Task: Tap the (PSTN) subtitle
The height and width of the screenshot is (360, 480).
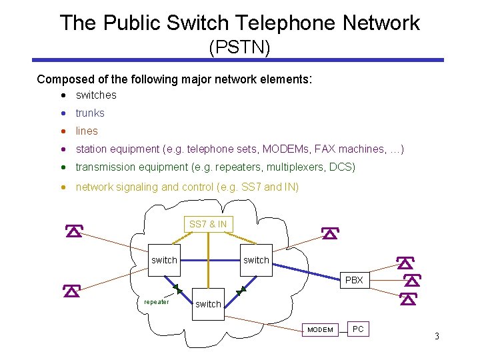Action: (x=239, y=47)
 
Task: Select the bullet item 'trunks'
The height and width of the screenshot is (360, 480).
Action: (x=90, y=113)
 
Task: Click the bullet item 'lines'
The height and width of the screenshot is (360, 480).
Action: (x=87, y=131)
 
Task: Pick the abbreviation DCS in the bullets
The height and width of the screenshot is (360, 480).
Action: (x=342, y=167)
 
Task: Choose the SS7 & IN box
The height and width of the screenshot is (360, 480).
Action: (x=207, y=225)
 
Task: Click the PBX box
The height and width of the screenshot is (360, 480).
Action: (x=354, y=280)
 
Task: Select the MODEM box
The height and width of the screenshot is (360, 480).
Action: (x=320, y=329)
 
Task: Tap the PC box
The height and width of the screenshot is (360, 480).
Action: (x=358, y=329)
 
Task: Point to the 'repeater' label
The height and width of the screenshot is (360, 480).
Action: (x=157, y=301)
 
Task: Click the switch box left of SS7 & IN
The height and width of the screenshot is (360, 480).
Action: (x=164, y=259)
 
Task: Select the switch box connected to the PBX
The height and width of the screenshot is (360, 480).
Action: (x=255, y=259)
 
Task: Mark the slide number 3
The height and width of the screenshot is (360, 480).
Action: (x=437, y=336)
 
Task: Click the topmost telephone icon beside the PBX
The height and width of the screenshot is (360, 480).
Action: (x=404, y=263)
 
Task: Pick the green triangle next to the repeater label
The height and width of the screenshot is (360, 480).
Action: (x=177, y=289)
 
